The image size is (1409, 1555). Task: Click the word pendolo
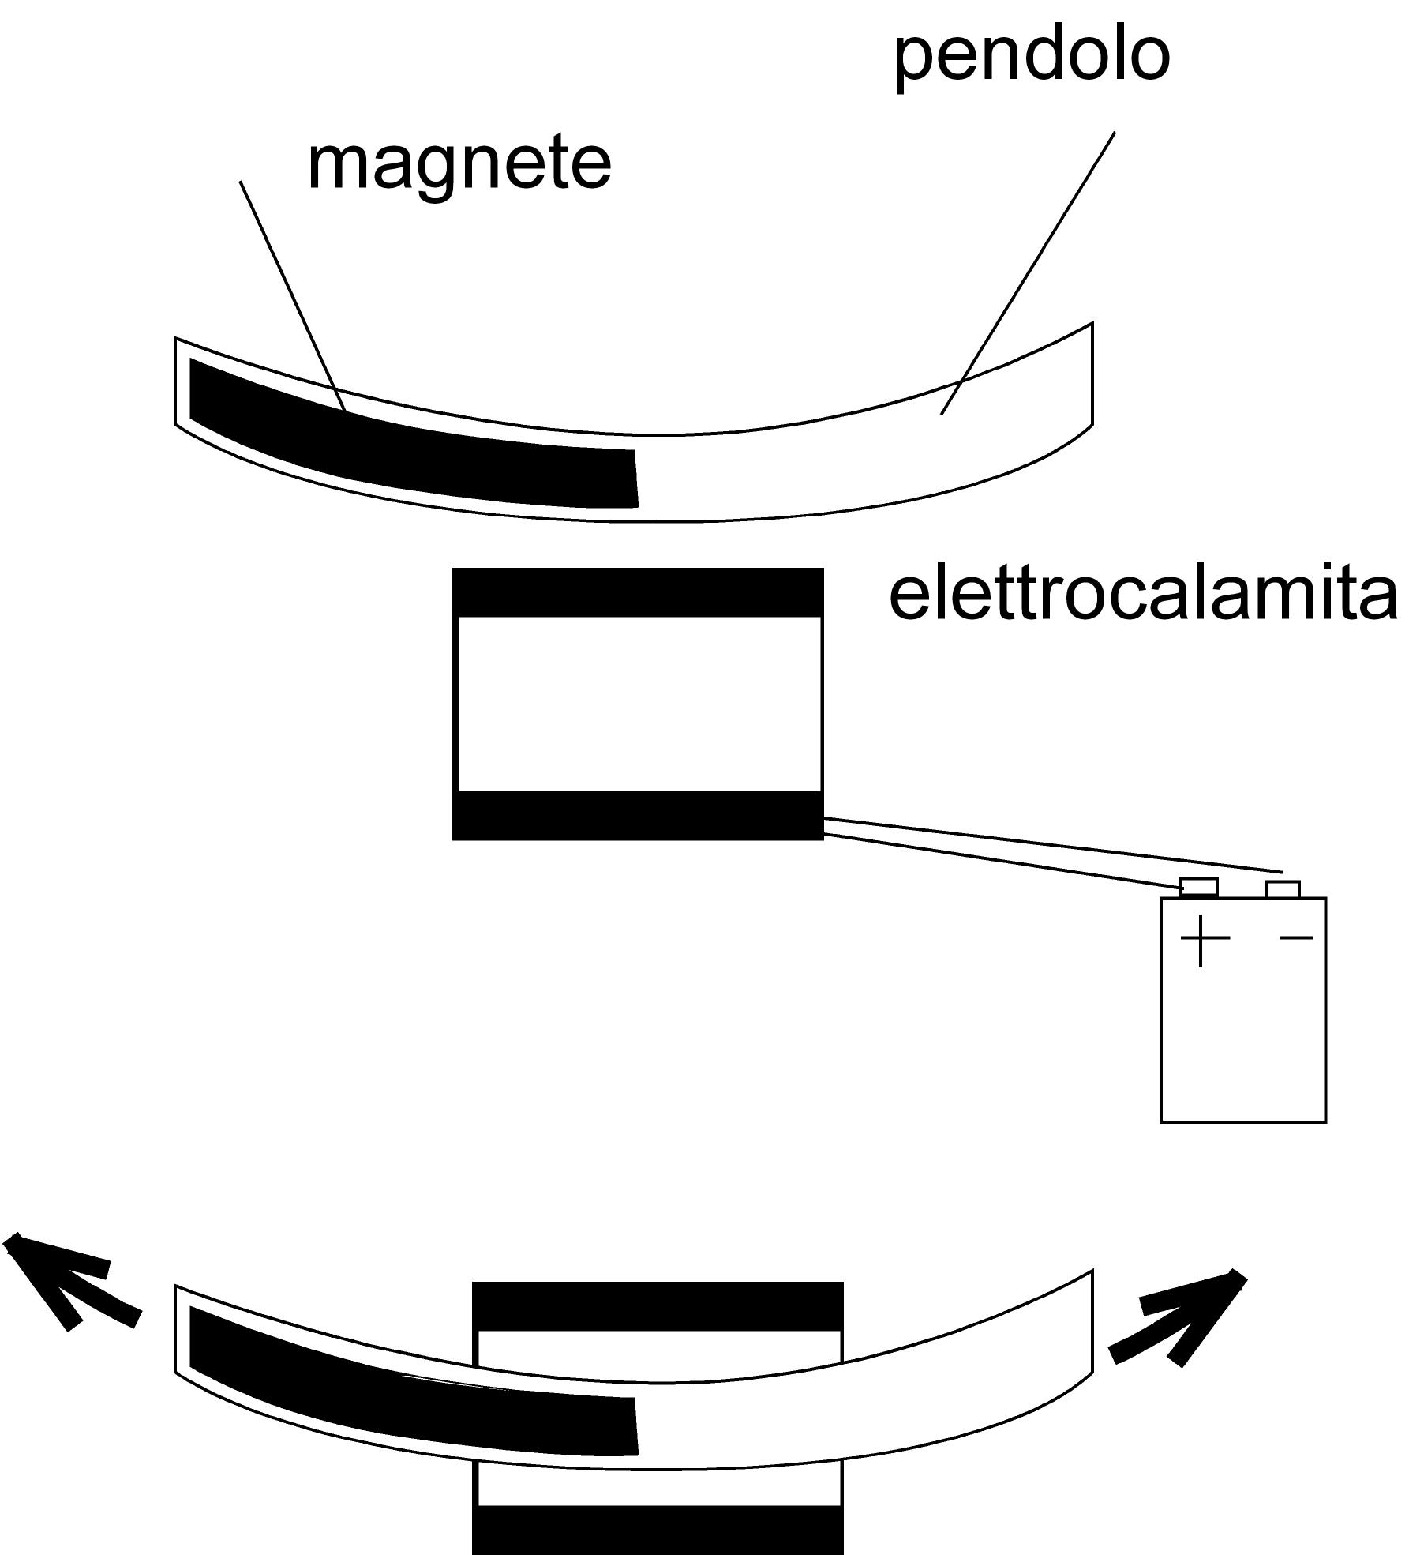click(1031, 57)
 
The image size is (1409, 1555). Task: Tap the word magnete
click(459, 163)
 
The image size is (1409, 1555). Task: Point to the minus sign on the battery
click(1295, 937)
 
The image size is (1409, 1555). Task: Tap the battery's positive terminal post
click(1199, 887)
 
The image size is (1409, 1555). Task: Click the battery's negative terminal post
click(1283, 889)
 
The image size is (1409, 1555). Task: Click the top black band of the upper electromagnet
click(638, 592)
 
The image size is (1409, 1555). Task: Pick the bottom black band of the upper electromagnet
click(638, 815)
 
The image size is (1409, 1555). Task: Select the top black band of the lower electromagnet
click(658, 1306)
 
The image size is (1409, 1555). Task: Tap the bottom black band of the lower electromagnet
click(658, 1528)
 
